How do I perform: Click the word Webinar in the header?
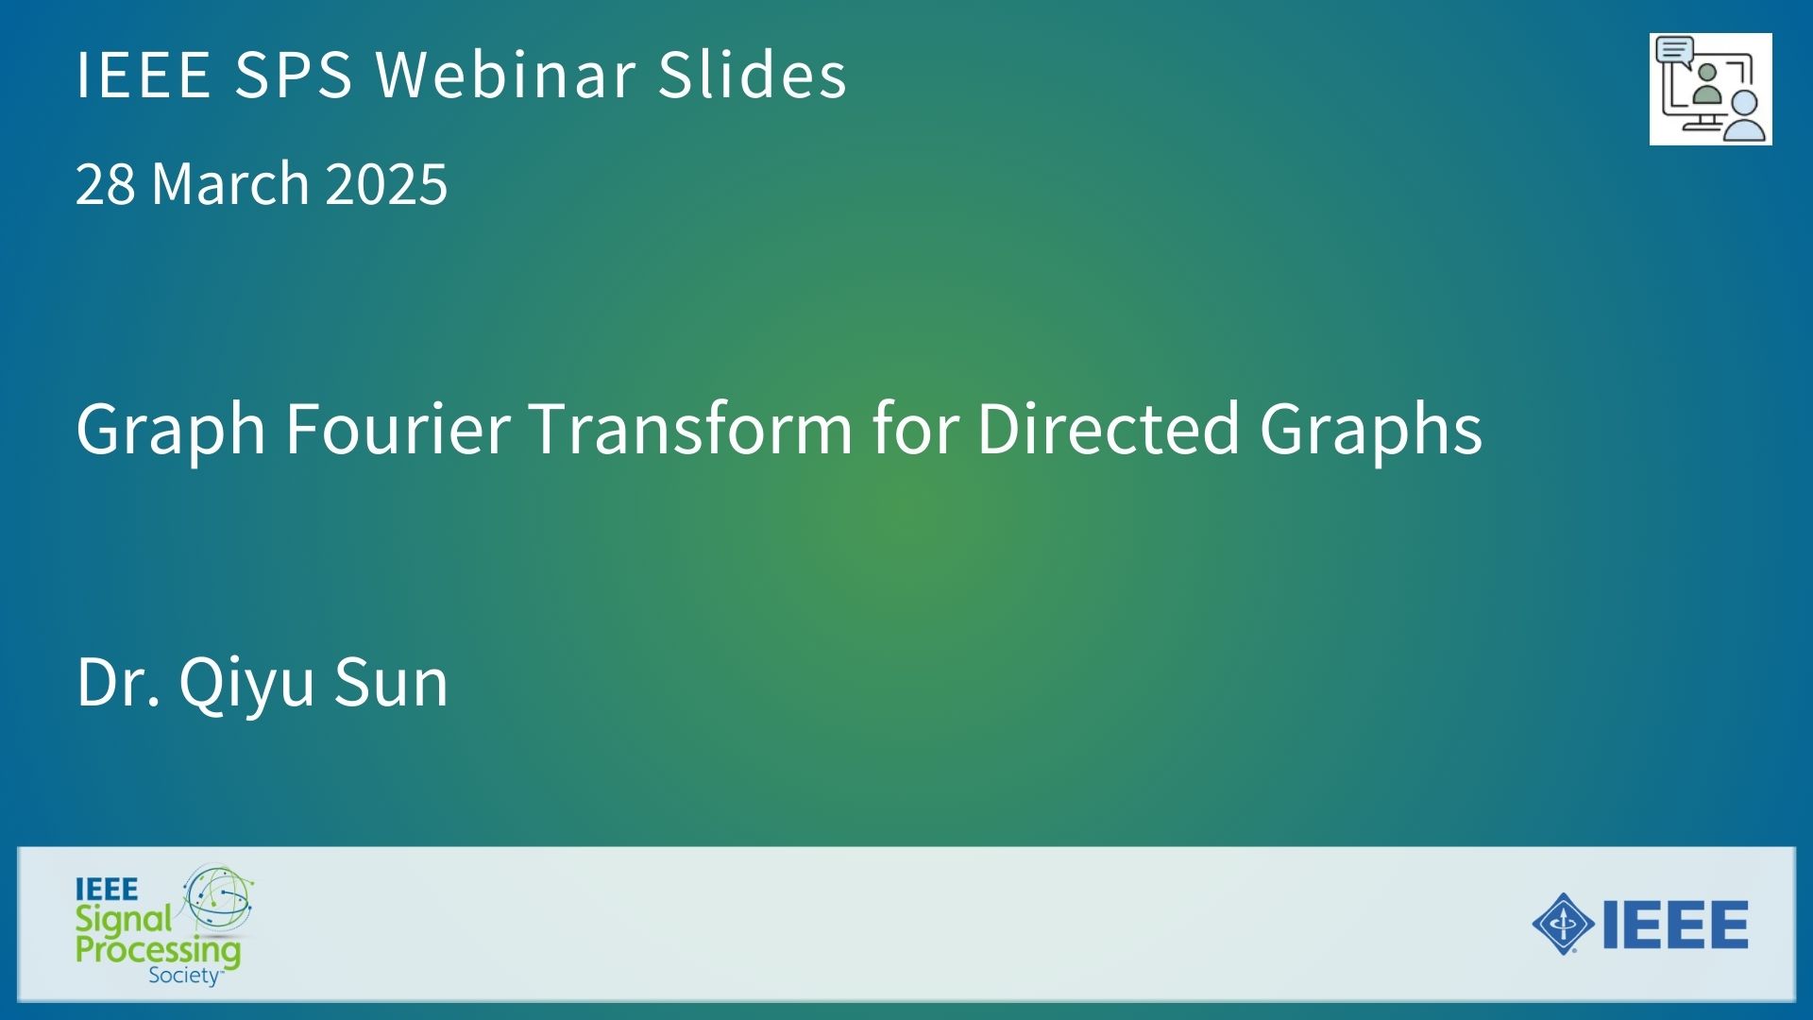[505, 74]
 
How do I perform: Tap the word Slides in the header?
[753, 74]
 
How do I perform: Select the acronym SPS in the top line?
[294, 74]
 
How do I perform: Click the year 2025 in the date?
[386, 183]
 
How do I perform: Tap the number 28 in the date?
[105, 183]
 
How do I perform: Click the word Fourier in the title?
[398, 428]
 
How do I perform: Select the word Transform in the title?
[691, 428]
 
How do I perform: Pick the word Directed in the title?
[1108, 428]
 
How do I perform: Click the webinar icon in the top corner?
[1710, 90]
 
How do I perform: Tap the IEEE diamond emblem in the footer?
[1564, 924]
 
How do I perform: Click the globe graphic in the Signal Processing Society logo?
[218, 898]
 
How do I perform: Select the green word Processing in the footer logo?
[158, 950]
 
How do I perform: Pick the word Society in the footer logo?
[185, 976]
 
